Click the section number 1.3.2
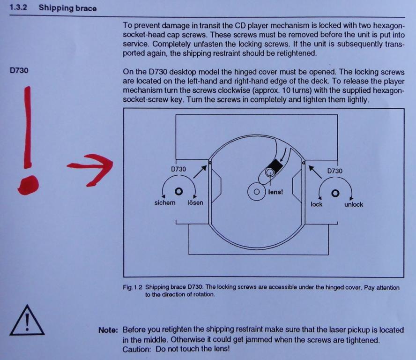[x=18, y=7]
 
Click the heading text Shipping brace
[x=67, y=8]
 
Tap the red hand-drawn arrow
[x=90, y=170]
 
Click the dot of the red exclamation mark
[x=28, y=185]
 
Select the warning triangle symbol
[x=27, y=320]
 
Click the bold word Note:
[x=108, y=330]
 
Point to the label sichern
[x=165, y=202]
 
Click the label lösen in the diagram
[x=195, y=202]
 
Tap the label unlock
[x=354, y=204]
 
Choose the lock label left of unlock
[x=317, y=204]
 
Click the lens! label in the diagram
[x=275, y=192]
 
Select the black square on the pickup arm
[x=275, y=166]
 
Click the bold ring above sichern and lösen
[x=179, y=191]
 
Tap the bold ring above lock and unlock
[x=335, y=193]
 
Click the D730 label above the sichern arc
[x=178, y=169]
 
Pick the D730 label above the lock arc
[x=335, y=171]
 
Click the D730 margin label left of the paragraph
[x=19, y=71]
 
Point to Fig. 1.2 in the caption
[x=133, y=287]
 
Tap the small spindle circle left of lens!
[x=257, y=192]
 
